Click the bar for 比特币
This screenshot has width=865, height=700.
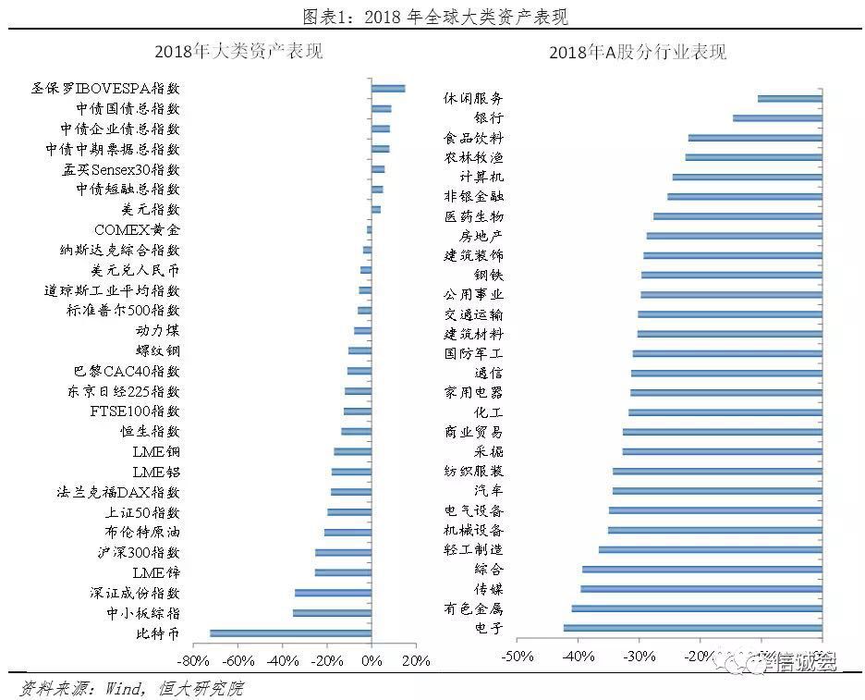pos(290,633)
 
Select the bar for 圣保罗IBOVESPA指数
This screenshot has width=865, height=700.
pos(388,89)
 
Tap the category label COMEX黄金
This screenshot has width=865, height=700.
pos(138,230)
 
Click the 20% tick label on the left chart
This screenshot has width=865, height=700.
pos(417,661)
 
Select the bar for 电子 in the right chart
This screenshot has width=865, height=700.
pos(692,629)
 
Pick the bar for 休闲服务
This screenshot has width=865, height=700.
pos(789,98)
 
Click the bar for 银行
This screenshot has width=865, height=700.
pos(777,118)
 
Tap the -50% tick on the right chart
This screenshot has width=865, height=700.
pos(518,657)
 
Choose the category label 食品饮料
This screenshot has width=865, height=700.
pos(473,138)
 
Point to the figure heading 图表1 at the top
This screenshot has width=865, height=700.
pos(433,16)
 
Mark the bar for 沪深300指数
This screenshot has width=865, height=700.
pos(343,553)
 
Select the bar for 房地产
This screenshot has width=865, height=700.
pos(734,236)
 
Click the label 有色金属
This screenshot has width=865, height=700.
pos(473,608)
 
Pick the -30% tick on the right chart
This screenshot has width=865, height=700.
pos(640,657)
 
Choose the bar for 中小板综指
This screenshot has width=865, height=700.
pos(332,613)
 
